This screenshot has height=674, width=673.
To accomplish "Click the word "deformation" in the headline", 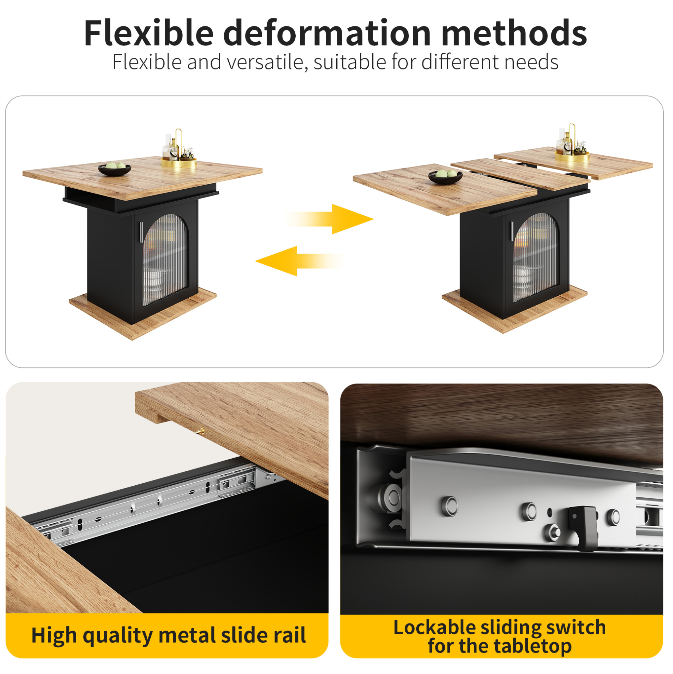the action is pyautogui.click(x=327, y=33).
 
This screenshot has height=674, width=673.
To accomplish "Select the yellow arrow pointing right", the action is pyautogui.click(x=330, y=219).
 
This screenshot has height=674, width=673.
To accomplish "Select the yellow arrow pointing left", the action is pyautogui.click(x=299, y=261).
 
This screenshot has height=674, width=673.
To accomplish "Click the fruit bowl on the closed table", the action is pyautogui.click(x=115, y=169).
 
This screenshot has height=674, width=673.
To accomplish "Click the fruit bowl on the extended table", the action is pyautogui.click(x=445, y=176).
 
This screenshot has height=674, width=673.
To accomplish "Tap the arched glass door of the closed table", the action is pyautogui.click(x=165, y=259).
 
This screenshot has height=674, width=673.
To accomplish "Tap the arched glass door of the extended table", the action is pyautogui.click(x=536, y=257).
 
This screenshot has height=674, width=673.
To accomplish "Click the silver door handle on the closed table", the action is pyautogui.click(x=141, y=232).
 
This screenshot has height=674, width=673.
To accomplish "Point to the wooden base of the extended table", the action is pyautogui.click(x=515, y=310).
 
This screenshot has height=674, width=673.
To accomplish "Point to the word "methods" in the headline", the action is pyautogui.click(x=514, y=33).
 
